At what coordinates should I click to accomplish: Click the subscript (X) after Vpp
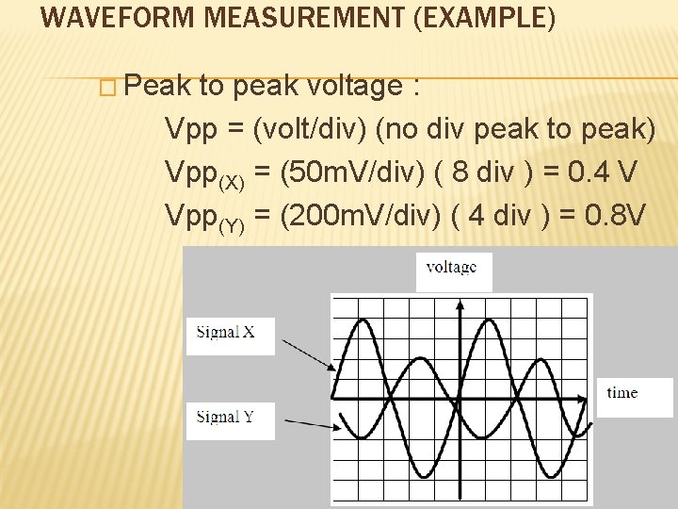click(x=232, y=182)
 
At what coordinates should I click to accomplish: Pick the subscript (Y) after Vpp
click(x=232, y=226)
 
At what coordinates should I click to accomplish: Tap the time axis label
click(x=621, y=393)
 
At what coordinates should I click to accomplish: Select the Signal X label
click(x=227, y=332)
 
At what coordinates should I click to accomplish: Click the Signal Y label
click(x=227, y=417)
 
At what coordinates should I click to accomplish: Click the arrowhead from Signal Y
click(x=334, y=429)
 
